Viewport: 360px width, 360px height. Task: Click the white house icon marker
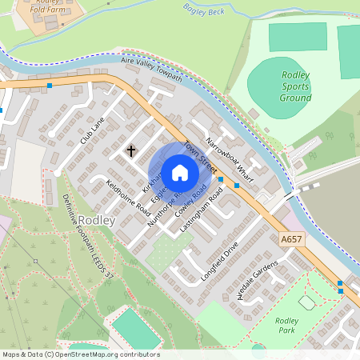179,173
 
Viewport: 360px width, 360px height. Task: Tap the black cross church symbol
131,150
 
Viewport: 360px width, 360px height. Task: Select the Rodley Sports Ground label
295,86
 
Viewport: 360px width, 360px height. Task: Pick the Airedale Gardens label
258,279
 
